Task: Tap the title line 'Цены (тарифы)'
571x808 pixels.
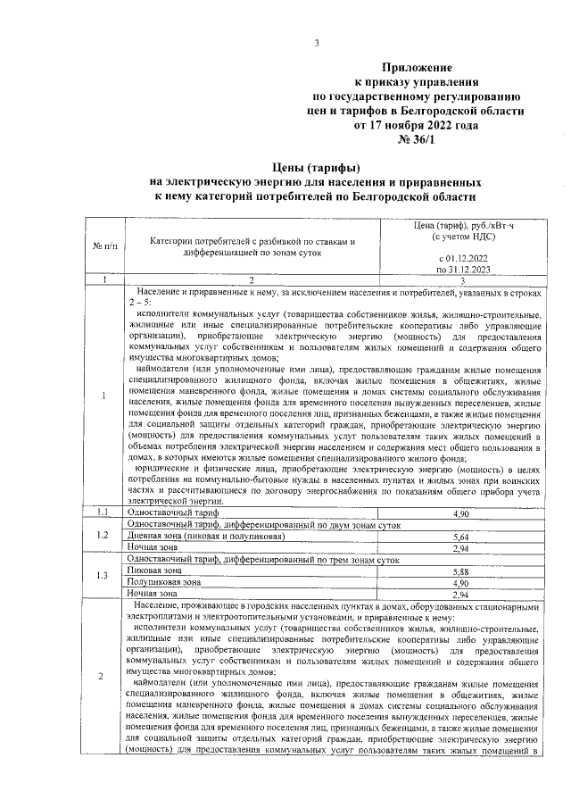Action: point(316,167)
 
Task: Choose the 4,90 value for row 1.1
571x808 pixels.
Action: point(460,514)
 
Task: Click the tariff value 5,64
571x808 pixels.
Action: point(460,537)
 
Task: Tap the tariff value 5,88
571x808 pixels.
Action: point(460,571)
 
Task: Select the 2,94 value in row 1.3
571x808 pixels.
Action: point(460,594)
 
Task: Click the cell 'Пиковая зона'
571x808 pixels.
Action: point(155,570)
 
